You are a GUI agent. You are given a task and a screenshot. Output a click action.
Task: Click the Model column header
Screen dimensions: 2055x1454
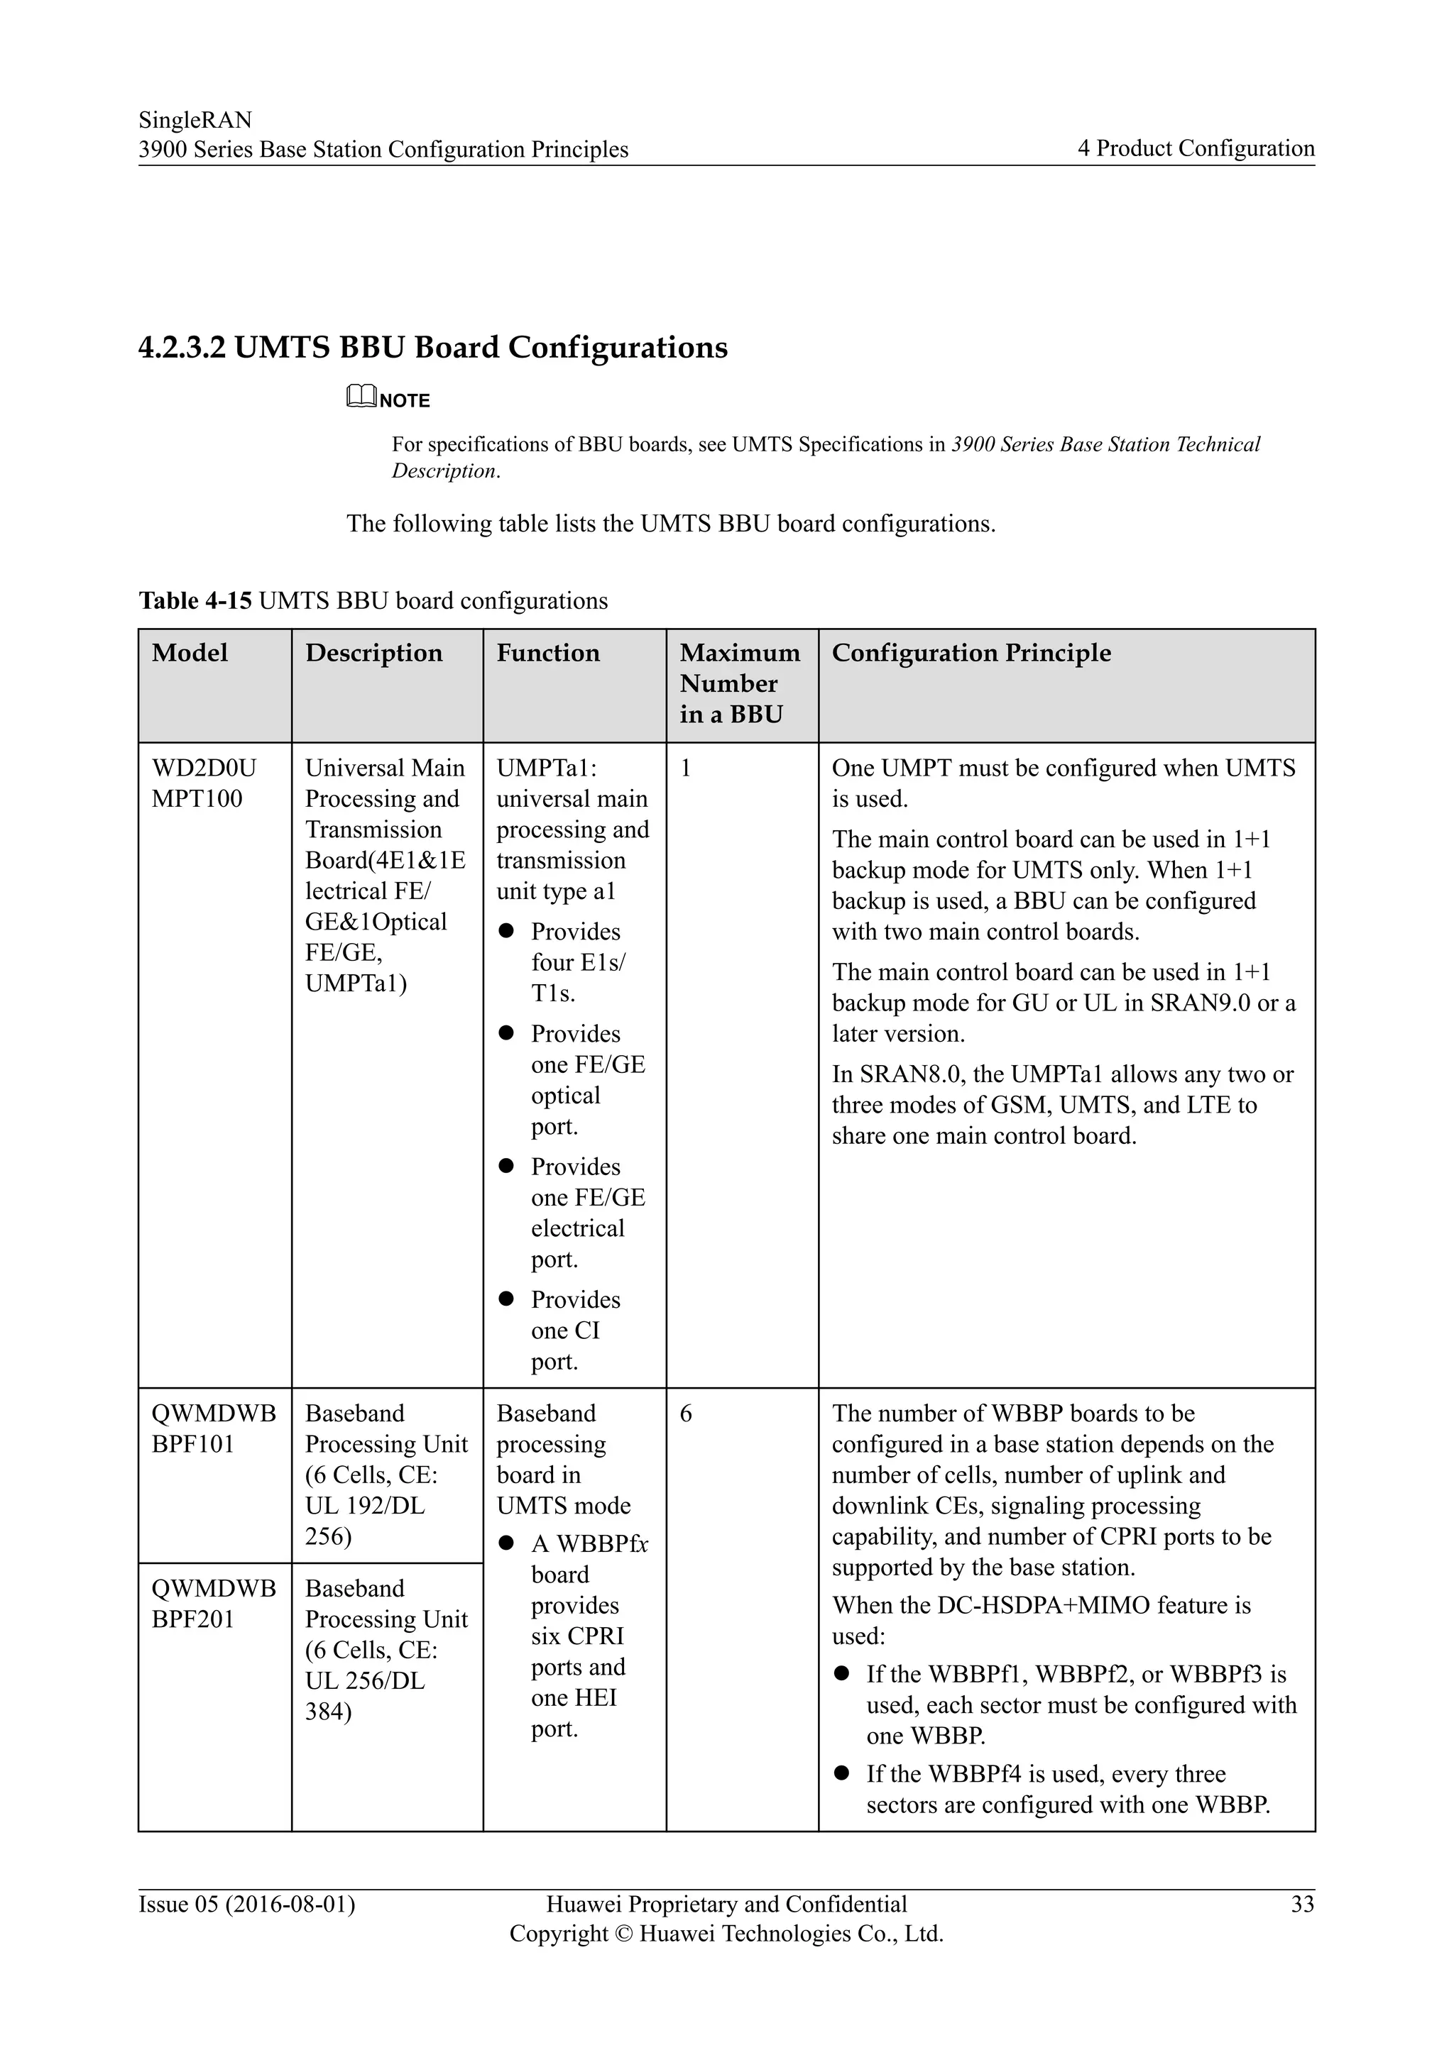[190, 654]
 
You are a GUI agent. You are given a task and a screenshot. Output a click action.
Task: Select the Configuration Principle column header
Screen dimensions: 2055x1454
[971, 654]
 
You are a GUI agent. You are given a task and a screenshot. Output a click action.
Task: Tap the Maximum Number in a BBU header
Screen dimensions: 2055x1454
[740, 684]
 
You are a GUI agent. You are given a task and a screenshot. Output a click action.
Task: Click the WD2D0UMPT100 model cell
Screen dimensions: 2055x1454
[203, 783]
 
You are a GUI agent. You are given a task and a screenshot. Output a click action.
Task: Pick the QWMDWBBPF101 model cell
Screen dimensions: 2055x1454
[213, 1428]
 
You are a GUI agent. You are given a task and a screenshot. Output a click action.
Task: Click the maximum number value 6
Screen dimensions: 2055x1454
[686, 1414]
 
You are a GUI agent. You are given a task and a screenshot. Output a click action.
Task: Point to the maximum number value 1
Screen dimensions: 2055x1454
[686, 768]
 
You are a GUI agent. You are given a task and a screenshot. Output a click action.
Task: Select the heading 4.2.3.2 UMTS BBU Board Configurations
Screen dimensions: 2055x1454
[432, 347]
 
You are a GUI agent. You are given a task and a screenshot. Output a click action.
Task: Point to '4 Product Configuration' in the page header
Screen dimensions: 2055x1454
[1196, 148]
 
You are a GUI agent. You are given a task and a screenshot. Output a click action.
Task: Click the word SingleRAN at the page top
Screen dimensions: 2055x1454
[195, 120]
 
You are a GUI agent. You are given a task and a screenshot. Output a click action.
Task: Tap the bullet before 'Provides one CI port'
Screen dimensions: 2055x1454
[506, 1298]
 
